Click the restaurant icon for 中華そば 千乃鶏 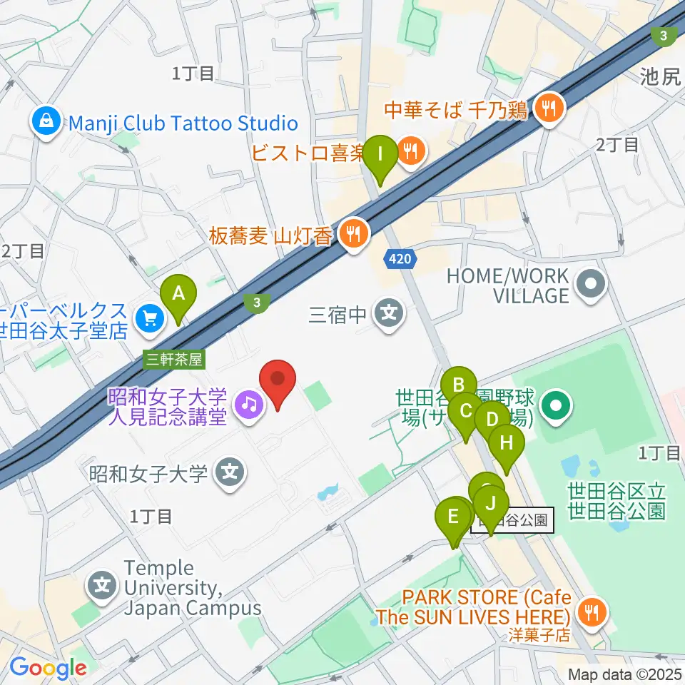(549, 108)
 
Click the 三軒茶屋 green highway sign (174, 360)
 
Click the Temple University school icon (103, 587)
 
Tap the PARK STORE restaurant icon (591, 610)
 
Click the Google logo (48, 668)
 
